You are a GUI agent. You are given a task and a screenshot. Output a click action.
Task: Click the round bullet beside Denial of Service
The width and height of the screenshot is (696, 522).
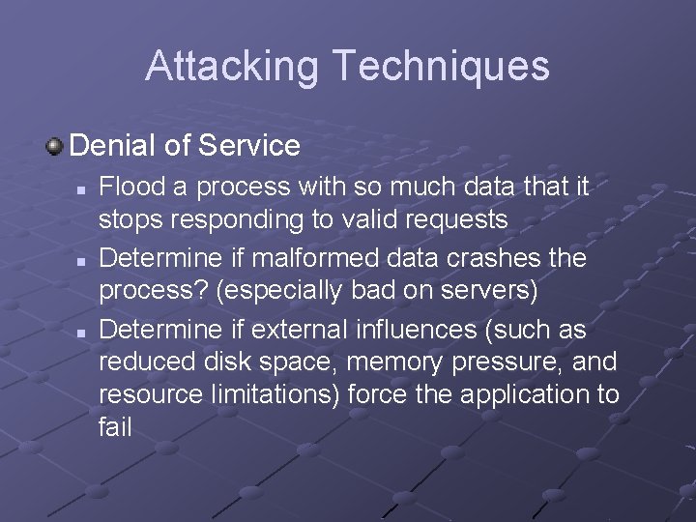[55, 147]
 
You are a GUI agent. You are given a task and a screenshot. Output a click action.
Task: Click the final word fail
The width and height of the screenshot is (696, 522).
[114, 425]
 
